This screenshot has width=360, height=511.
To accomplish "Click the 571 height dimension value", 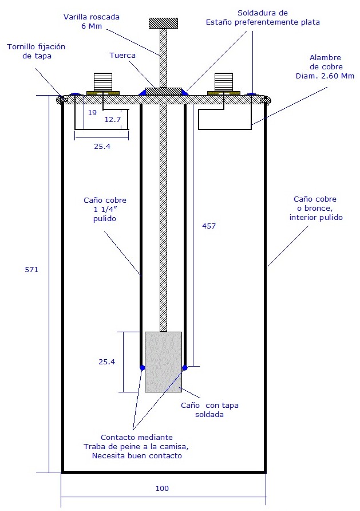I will [31, 269].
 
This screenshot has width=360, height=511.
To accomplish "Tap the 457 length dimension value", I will [209, 226].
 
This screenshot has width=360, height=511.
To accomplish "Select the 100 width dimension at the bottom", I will [163, 489].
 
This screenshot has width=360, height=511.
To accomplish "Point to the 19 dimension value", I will [92, 113].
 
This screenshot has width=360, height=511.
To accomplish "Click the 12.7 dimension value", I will [112, 119].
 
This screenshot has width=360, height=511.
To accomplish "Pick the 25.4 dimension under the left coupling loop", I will [102, 146].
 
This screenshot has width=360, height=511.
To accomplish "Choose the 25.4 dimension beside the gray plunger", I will [107, 361].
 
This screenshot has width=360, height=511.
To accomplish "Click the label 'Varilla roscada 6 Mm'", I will [92, 22].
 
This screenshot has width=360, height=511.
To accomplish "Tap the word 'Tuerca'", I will [122, 56].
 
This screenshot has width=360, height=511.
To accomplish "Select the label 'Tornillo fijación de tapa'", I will [37, 50].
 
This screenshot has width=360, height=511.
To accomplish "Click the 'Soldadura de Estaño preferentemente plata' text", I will [263, 17].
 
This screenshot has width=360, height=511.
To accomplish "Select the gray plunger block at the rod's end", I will [163, 361].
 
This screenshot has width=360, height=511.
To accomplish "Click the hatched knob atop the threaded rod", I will [163, 23].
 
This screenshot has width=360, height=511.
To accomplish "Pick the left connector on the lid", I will [103, 84].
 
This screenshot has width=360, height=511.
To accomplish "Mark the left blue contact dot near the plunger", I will [142, 367].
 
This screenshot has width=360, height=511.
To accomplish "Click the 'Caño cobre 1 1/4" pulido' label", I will [105, 210].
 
